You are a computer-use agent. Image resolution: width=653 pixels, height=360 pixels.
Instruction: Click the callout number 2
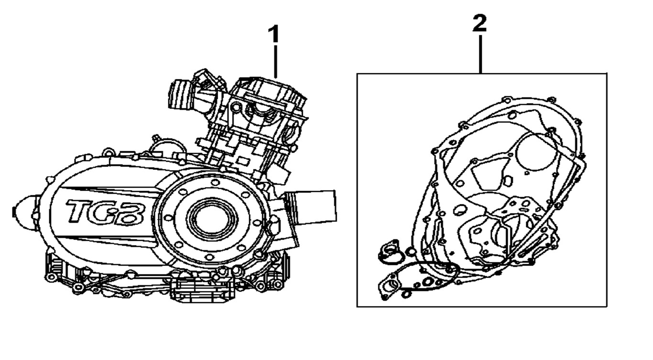[479, 23]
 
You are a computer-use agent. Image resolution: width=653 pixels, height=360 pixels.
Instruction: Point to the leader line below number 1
[276, 61]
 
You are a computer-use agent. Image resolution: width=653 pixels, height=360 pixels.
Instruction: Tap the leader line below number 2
[480, 54]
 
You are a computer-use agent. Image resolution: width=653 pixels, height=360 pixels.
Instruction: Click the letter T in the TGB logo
[80, 211]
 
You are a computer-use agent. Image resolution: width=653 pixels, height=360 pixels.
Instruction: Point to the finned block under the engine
[201, 290]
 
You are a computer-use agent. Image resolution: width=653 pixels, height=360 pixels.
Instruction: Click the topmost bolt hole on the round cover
[215, 182]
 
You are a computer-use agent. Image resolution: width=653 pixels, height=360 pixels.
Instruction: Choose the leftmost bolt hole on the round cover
[168, 218]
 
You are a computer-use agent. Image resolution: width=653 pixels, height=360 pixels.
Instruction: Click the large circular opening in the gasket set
[537, 151]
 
